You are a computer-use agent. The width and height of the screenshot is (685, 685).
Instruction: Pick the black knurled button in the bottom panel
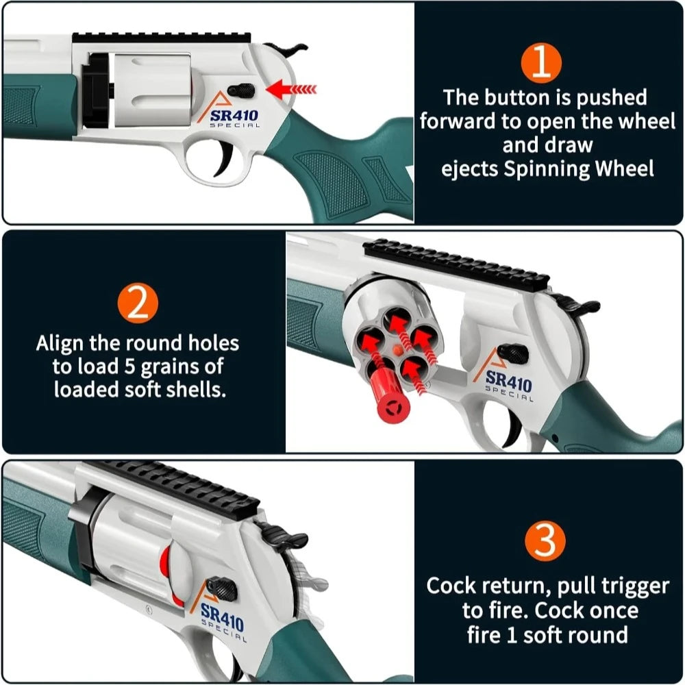(222, 587)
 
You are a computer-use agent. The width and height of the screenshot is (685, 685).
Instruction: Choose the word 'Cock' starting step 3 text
(455, 586)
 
